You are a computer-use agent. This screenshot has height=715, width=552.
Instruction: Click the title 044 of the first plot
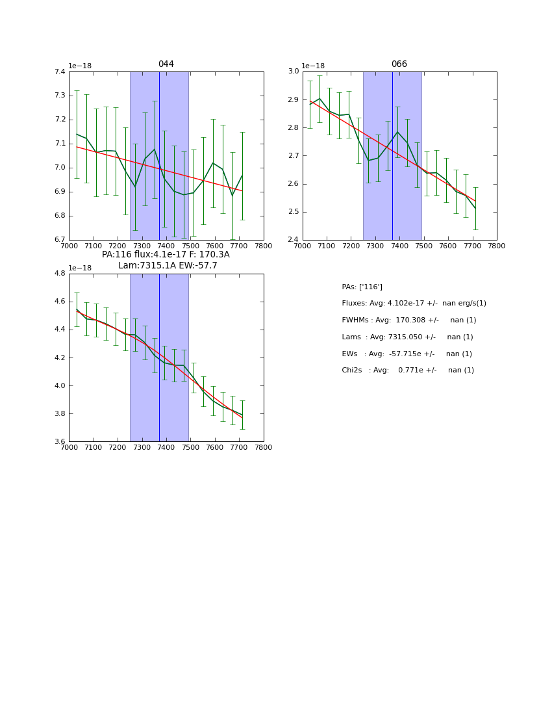(166, 64)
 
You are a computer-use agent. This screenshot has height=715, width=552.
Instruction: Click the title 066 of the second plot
(399, 64)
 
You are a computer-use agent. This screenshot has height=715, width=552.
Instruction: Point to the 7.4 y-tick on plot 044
(60, 72)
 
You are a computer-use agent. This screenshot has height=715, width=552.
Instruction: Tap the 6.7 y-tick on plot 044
(60, 240)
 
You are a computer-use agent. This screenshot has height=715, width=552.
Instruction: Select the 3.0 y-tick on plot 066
(293, 71)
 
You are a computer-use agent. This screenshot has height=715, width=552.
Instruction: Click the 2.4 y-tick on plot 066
(293, 240)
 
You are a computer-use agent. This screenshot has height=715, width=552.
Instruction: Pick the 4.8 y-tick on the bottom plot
(60, 274)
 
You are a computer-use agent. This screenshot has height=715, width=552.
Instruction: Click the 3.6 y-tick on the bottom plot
(60, 442)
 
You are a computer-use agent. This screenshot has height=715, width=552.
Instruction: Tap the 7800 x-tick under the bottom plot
(264, 447)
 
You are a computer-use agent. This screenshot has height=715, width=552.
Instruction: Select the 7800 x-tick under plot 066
(497, 246)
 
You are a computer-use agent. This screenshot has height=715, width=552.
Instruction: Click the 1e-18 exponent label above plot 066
(313, 66)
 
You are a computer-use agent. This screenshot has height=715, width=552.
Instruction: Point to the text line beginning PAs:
(362, 287)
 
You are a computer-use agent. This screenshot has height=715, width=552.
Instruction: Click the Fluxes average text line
(414, 304)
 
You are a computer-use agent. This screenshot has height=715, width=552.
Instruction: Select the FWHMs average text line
(408, 320)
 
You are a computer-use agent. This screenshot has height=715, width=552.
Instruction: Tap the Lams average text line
(407, 337)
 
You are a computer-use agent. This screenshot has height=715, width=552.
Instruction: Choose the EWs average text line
(407, 354)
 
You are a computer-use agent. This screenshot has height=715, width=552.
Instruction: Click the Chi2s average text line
(408, 370)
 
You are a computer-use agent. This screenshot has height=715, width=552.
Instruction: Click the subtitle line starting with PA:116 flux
(166, 255)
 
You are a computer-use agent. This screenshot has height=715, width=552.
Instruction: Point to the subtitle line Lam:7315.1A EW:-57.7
(168, 266)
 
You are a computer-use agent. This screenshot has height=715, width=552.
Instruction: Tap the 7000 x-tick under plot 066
(303, 246)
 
